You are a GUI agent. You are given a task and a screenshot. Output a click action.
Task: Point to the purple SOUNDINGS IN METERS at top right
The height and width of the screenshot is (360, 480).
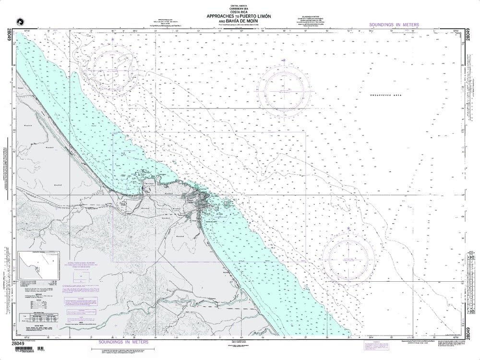tap(394, 24)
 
